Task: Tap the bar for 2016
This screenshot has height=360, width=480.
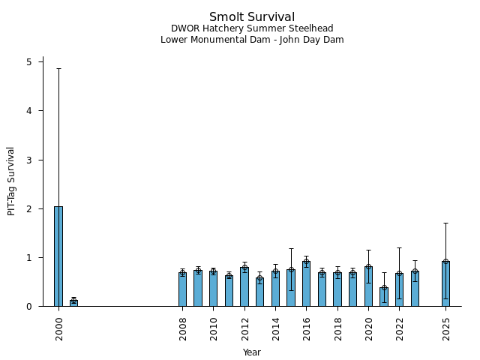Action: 306,284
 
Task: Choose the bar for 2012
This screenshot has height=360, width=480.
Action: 244,287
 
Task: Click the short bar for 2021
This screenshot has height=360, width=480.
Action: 384,297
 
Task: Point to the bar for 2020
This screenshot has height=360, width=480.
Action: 368,286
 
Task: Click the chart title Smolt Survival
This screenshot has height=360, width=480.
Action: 252,17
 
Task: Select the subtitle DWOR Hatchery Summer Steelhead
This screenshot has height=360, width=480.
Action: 252,28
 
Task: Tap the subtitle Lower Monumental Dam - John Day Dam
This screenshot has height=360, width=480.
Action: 252,40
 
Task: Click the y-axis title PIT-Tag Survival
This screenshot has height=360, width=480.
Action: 11,181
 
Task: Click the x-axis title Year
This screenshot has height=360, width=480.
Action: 252,352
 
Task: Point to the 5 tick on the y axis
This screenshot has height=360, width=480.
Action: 30,62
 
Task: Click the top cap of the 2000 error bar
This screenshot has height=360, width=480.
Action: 58,69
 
